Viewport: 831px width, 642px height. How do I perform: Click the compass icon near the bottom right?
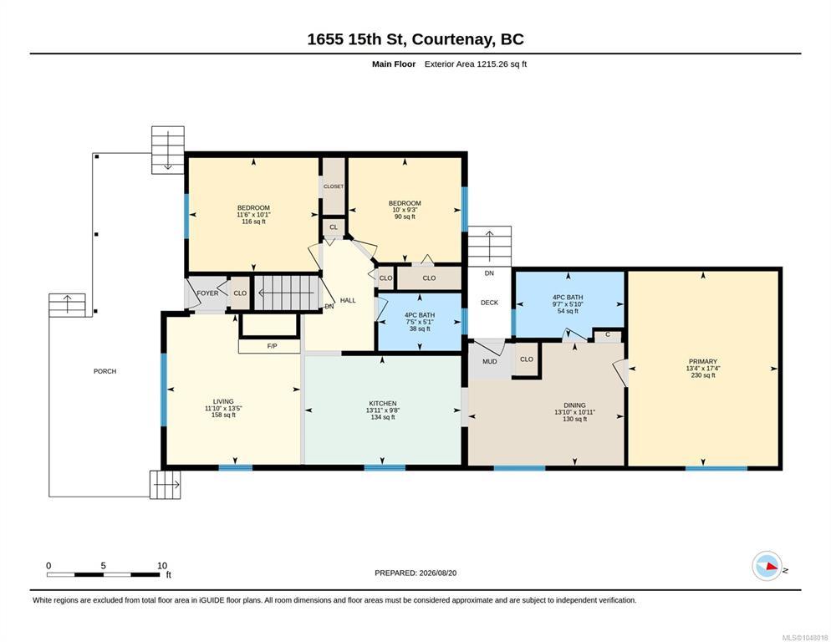click(x=767, y=566)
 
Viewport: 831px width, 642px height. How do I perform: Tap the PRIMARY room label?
click(x=703, y=362)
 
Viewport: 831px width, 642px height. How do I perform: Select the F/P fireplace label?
click(x=272, y=346)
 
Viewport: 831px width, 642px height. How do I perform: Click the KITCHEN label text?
click(x=383, y=404)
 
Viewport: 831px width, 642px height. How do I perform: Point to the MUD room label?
click(x=490, y=362)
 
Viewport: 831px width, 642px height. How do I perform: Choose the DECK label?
click(x=489, y=303)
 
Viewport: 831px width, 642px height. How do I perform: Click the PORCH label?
click(x=105, y=371)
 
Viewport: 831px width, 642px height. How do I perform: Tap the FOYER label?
click(x=207, y=293)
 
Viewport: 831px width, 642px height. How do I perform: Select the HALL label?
click(x=348, y=301)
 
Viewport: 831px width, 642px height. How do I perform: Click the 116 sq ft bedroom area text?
click(x=253, y=222)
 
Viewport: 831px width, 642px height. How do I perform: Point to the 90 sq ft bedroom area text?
click(x=405, y=217)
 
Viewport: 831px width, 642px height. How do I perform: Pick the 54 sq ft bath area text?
click(x=568, y=311)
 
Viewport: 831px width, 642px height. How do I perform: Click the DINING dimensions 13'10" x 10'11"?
click(x=574, y=412)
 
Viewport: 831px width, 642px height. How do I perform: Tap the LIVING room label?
click(x=223, y=401)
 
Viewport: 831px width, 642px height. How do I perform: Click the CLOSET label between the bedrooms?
click(x=334, y=186)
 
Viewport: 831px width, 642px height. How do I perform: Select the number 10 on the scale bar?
click(x=162, y=566)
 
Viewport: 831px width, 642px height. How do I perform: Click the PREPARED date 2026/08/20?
click(x=438, y=573)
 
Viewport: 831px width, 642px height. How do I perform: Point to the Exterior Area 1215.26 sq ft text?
click(x=476, y=64)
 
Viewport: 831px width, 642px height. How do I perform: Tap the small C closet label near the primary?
click(x=607, y=334)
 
